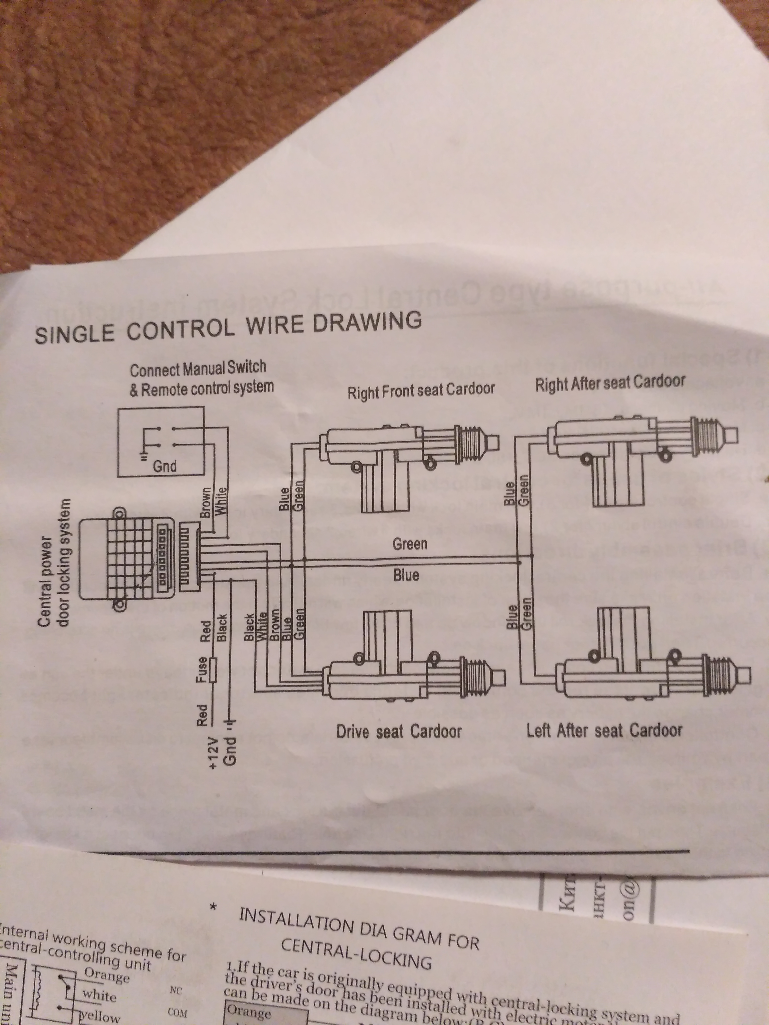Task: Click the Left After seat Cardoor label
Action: point(604,730)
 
